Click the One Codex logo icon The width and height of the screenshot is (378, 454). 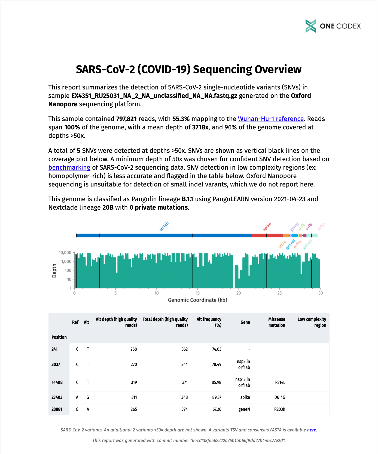[x=311, y=26]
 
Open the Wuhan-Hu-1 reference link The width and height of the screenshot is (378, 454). [x=271, y=119]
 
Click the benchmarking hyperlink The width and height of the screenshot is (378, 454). [x=69, y=167]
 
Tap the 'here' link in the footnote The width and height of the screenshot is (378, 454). [x=312, y=430]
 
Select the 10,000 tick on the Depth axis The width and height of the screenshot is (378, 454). [x=65, y=253]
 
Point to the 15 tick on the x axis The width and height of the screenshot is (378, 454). [x=198, y=293]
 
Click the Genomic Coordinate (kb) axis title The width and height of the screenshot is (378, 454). [x=197, y=300]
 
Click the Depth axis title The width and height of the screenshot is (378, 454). [x=54, y=270]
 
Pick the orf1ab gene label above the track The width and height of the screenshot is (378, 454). [x=164, y=226]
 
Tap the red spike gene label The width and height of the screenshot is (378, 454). [x=267, y=226]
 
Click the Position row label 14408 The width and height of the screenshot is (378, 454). [x=57, y=382]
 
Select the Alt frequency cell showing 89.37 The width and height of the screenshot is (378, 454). [x=217, y=397]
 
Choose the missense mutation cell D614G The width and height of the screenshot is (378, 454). [x=280, y=397]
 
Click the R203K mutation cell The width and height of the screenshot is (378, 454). [x=280, y=409]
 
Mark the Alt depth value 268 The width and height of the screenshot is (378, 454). [x=133, y=349]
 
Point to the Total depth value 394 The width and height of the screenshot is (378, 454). [x=184, y=409]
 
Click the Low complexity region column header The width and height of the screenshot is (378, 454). [x=312, y=322]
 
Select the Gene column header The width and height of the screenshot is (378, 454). [x=245, y=322]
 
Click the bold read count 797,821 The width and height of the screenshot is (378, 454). [x=126, y=119]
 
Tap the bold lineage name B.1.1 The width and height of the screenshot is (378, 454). [x=187, y=199]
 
